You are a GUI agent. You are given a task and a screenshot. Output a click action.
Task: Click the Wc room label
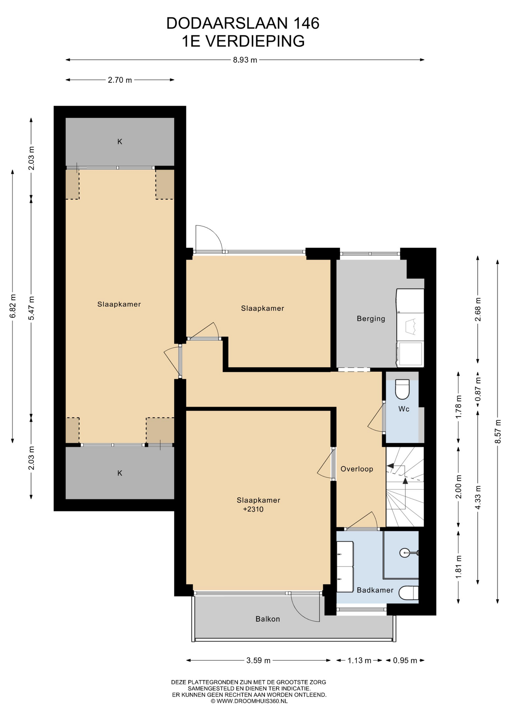click(x=404, y=409)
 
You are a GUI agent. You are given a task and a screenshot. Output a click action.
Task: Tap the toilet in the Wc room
click(x=402, y=389)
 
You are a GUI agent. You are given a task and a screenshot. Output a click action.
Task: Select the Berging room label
click(x=371, y=319)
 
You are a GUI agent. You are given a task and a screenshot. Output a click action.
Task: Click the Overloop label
click(x=357, y=469)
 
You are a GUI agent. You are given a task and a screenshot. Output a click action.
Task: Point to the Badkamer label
click(x=375, y=590)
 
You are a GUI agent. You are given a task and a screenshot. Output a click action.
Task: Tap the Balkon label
click(x=268, y=619)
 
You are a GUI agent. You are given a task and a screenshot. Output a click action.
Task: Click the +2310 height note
click(x=253, y=509)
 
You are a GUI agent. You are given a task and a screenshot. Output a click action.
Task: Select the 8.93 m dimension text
click(x=245, y=60)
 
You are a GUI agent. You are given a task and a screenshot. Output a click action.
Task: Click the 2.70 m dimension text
click(x=120, y=80)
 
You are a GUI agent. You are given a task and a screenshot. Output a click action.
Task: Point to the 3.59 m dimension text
click(x=258, y=660)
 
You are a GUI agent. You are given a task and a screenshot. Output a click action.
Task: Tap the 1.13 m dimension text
click(x=359, y=660)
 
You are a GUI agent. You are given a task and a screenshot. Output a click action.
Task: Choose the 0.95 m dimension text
click(x=405, y=660)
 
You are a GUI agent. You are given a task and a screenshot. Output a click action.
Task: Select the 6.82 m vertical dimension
click(x=13, y=306)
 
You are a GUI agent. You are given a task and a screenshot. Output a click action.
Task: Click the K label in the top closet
click(x=120, y=141)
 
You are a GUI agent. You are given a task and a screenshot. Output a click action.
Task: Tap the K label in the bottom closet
click(x=120, y=473)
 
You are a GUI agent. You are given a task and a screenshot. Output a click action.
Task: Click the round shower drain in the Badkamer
click(x=404, y=552)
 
